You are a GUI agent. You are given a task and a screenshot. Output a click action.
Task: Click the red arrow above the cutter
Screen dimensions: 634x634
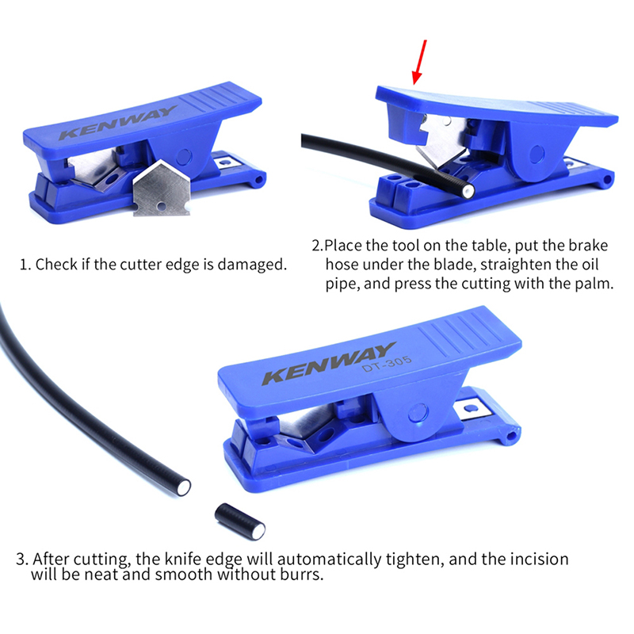tap(419, 62)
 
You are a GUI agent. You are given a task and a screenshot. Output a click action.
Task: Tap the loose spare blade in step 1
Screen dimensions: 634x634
tap(162, 189)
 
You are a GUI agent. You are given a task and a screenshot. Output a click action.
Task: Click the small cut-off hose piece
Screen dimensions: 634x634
tap(240, 521)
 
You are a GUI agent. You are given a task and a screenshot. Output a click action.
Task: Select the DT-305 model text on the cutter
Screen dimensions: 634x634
tap(387, 363)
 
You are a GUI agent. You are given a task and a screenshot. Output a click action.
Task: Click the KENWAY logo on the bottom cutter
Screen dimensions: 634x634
tap(329, 363)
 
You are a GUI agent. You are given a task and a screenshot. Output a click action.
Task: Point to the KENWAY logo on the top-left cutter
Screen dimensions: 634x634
tap(117, 122)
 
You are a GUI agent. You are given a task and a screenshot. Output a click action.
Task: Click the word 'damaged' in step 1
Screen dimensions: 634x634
tap(251, 265)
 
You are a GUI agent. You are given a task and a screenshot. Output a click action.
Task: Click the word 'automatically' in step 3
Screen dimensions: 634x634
tap(329, 560)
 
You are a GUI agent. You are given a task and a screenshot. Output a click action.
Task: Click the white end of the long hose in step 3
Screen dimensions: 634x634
tap(185, 487)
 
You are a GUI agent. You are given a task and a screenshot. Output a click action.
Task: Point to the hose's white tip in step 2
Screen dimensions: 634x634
tap(469, 191)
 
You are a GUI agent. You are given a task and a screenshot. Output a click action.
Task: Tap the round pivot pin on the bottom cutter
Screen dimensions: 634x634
tap(418, 413)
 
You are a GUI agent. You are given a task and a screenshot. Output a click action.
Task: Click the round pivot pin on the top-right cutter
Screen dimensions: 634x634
tap(537, 154)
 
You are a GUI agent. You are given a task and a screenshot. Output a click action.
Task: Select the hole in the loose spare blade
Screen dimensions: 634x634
tap(162, 207)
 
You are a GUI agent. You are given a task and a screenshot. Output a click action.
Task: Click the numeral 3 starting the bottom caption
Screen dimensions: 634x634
tap(21, 560)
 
